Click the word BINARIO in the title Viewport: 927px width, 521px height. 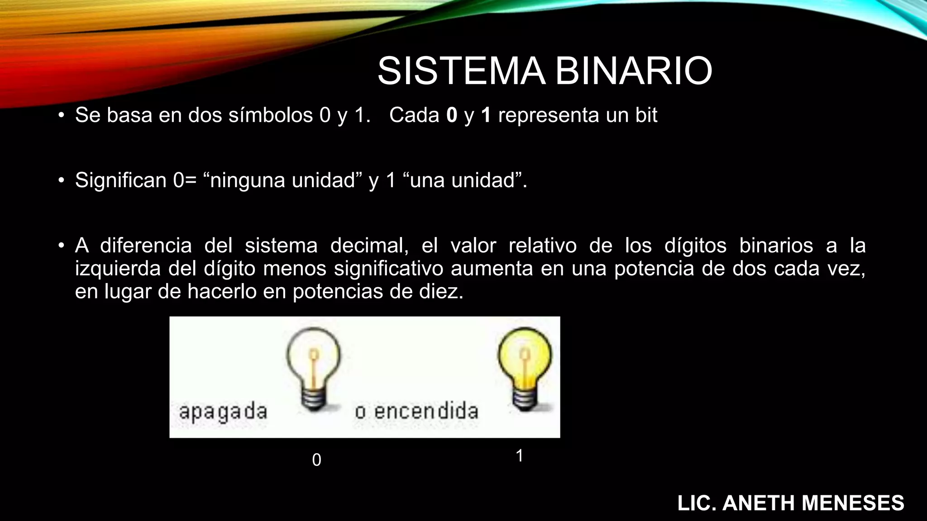click(x=634, y=71)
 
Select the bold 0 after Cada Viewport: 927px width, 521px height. click(x=452, y=115)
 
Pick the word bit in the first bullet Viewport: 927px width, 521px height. click(x=646, y=115)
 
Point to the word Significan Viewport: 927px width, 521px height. click(x=121, y=180)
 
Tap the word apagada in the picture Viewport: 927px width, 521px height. click(x=223, y=412)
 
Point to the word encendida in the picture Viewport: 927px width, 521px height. click(x=426, y=411)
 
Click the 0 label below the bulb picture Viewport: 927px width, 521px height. click(x=317, y=460)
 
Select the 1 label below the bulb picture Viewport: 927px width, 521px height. click(x=520, y=455)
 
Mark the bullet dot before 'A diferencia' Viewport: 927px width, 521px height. click(x=61, y=246)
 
